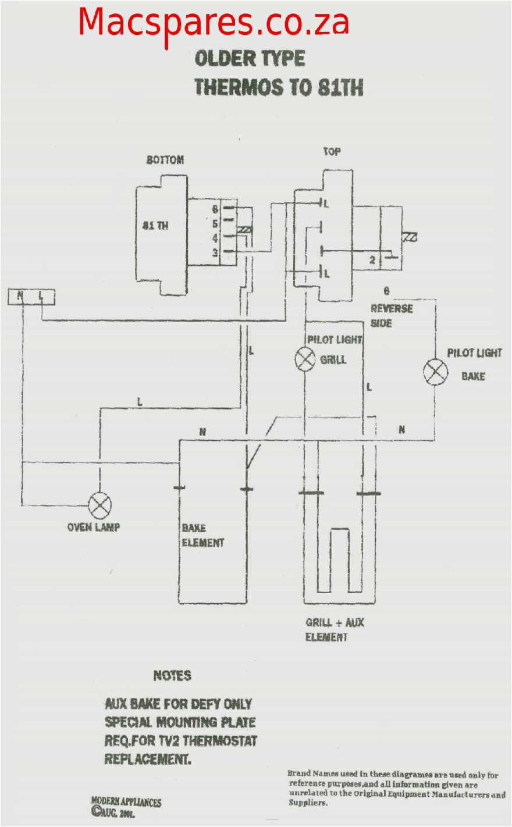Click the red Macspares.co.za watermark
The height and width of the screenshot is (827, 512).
(214, 22)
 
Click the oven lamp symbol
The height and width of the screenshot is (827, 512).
(99, 506)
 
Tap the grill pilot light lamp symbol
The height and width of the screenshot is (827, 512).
(305, 359)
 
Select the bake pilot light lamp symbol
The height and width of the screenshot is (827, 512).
(435, 372)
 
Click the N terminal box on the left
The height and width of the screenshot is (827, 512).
(20, 297)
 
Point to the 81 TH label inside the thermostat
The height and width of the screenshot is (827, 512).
(155, 225)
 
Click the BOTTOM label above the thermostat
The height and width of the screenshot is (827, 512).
(165, 159)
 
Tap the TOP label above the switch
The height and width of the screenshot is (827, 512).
(332, 151)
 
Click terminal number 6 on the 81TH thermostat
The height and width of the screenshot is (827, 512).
(215, 209)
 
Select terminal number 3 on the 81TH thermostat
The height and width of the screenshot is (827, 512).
(215, 252)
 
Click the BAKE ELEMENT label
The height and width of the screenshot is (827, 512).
(202, 535)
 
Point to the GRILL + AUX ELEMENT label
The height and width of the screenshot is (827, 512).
(335, 630)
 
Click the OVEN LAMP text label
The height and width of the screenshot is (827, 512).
(94, 527)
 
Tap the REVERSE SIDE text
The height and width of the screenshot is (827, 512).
(391, 315)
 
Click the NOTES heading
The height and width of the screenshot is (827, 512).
(172, 675)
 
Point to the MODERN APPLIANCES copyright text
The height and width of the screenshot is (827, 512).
(126, 802)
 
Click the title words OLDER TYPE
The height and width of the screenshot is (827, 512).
(250, 58)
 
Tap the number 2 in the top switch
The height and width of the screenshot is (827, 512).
(372, 261)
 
